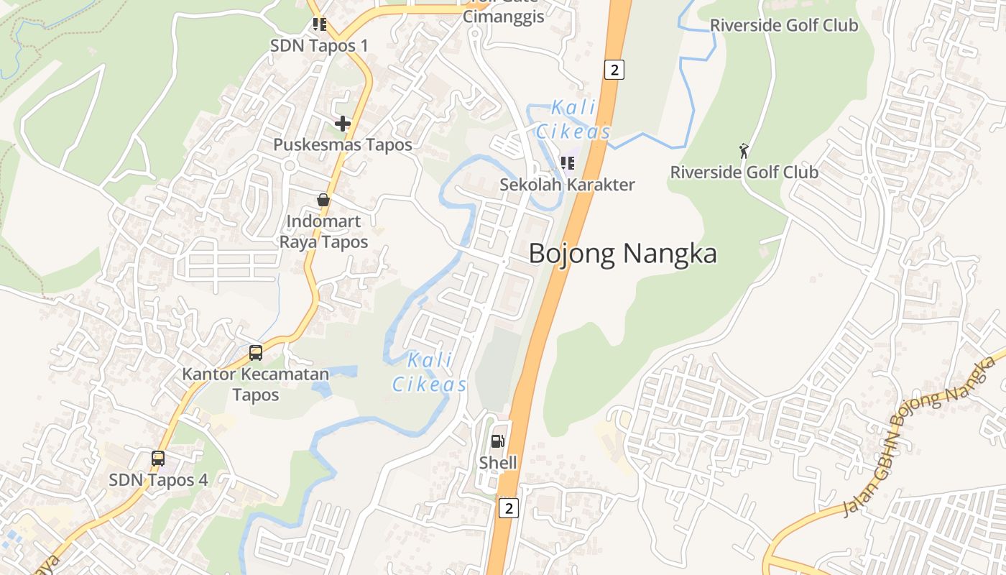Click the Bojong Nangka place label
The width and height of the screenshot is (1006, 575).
[623, 254]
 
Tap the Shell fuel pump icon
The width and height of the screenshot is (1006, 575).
[497, 441]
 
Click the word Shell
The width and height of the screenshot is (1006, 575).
[498, 463]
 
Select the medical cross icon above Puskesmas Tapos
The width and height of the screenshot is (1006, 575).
[343, 124]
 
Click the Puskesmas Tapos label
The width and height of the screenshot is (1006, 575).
[343, 144]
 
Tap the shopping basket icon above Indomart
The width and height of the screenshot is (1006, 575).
[323, 200]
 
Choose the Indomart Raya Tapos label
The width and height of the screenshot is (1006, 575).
[323, 231]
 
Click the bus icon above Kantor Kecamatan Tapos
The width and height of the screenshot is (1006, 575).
[256, 353]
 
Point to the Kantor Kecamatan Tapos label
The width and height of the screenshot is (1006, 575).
[255, 385]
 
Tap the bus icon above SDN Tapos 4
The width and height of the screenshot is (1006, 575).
[158, 458]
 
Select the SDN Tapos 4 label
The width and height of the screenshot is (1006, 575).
[158, 479]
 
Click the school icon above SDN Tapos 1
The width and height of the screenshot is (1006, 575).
[320, 24]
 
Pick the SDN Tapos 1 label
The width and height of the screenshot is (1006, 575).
[319, 45]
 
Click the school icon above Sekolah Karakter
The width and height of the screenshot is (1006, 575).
[568, 163]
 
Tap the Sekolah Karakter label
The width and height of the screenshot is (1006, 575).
[568, 185]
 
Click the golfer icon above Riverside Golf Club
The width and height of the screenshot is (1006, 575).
[744, 151]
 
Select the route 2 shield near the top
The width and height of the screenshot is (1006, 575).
[614, 70]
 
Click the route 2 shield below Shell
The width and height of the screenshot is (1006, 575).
[509, 508]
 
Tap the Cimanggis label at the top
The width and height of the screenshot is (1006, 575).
[503, 17]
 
